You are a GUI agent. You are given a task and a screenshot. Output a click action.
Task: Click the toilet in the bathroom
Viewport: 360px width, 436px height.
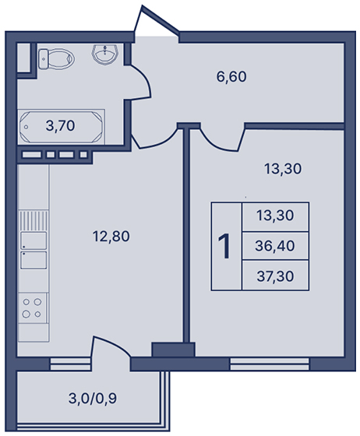(56, 58)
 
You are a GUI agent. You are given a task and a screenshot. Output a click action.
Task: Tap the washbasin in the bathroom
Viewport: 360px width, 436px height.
(105, 54)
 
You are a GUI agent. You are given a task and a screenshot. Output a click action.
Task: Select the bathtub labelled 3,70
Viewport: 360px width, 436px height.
(62, 126)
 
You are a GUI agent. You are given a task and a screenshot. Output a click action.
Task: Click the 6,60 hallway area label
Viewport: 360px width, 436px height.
(231, 77)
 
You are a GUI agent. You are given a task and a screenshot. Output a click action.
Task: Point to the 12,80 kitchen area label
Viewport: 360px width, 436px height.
(111, 237)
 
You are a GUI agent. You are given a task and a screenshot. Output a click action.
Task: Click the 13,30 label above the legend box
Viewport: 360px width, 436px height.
(283, 169)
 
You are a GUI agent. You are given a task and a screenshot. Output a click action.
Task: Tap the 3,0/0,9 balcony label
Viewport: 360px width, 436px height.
(93, 399)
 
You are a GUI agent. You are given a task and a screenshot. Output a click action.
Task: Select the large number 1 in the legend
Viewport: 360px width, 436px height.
(224, 246)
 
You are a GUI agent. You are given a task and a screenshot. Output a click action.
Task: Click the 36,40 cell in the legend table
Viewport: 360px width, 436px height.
(275, 246)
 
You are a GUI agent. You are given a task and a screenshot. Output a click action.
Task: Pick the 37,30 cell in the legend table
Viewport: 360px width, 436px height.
(275, 276)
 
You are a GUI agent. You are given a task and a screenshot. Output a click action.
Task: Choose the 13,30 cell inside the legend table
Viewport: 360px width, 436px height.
(275, 216)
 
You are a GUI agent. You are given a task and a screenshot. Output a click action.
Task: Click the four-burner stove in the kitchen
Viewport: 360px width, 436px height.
(33, 308)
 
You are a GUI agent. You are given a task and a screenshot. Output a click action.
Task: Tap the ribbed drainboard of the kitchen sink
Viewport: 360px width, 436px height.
(34, 220)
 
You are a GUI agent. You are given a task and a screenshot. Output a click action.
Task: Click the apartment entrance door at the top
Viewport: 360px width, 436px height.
(157, 21)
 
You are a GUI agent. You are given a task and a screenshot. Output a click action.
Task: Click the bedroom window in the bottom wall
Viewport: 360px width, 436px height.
(270, 364)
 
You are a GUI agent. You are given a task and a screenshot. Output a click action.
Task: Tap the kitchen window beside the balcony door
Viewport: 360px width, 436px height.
(70, 364)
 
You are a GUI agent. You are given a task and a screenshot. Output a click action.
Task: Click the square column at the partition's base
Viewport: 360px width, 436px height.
(173, 350)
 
